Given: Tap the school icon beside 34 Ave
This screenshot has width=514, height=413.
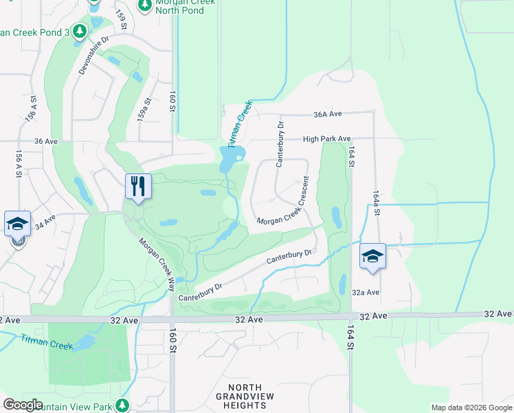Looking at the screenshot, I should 17,224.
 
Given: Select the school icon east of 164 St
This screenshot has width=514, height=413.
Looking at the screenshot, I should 372,256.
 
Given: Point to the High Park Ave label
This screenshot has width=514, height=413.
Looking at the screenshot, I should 327,138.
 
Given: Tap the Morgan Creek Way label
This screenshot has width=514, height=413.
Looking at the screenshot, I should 157,261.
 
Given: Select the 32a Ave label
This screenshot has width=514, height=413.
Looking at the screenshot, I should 366,292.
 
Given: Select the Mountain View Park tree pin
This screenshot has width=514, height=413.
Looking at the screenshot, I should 122,405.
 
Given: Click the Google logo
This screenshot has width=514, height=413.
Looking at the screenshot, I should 23,405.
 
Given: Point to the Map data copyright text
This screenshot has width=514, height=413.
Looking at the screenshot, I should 472,407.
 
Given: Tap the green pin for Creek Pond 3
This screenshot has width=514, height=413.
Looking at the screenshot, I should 80,32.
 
